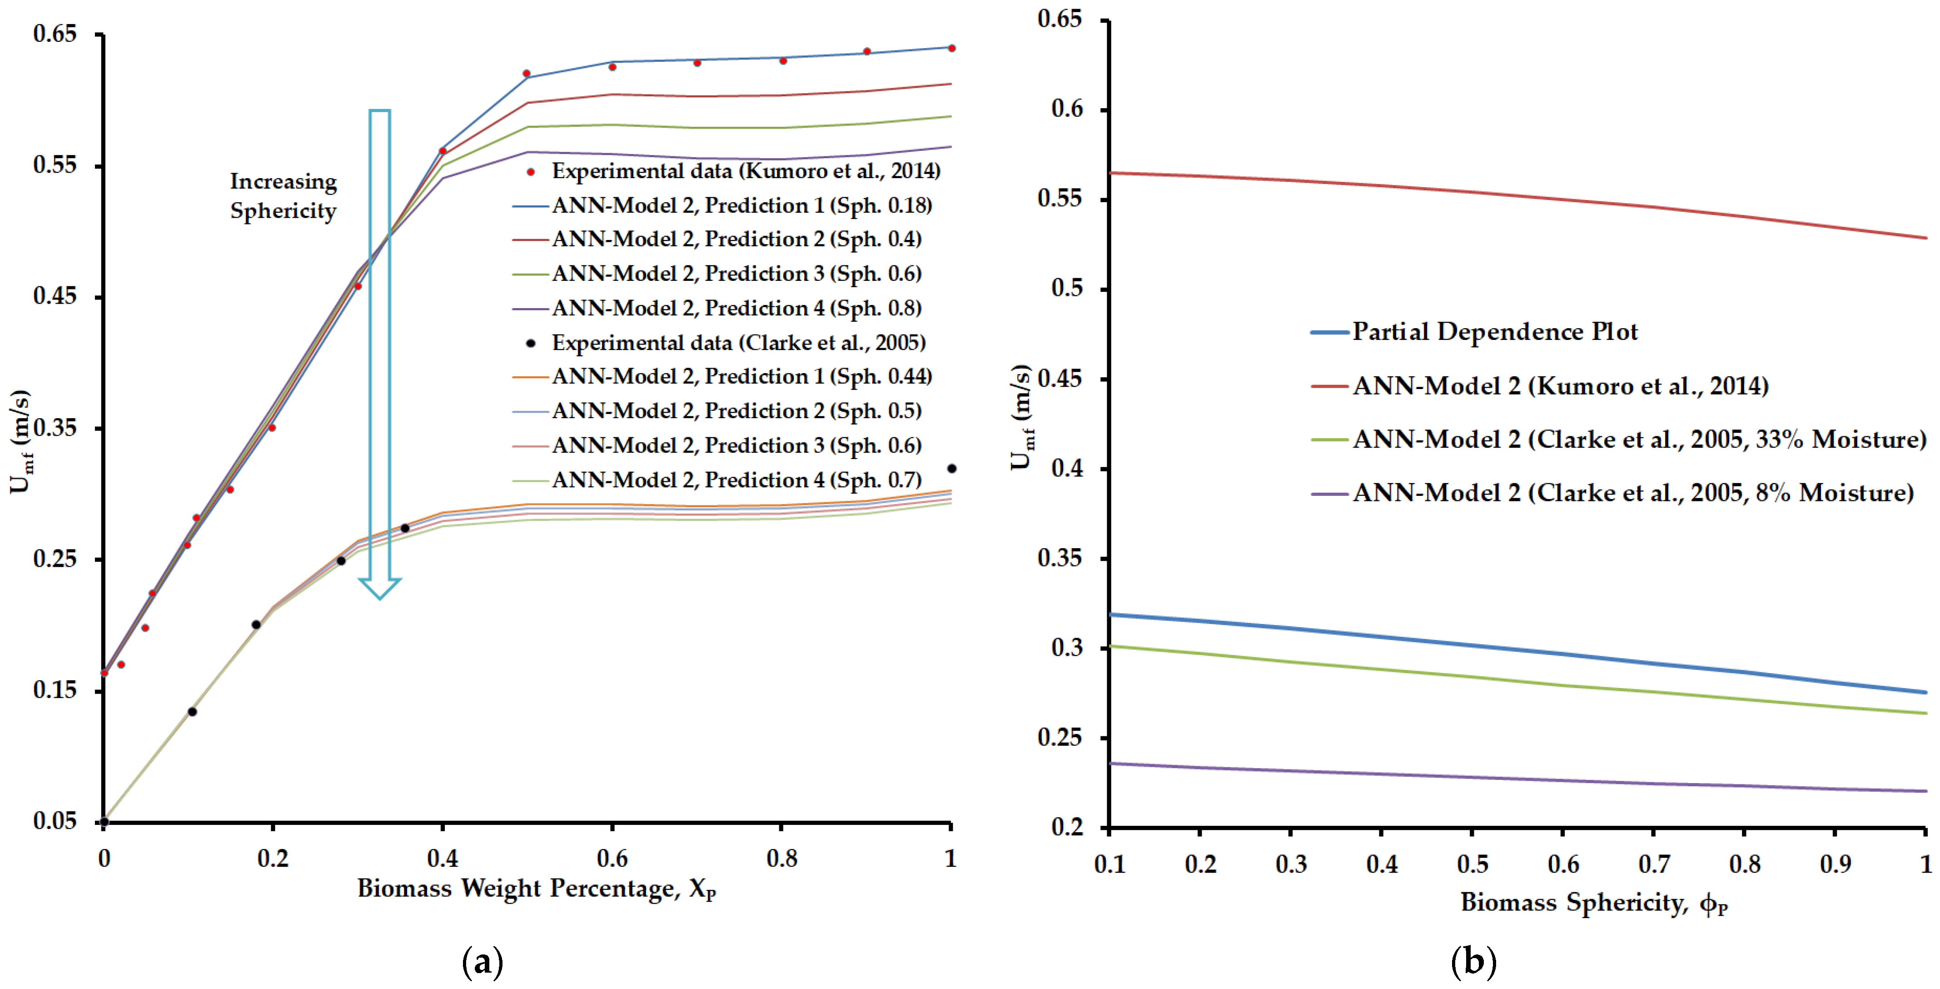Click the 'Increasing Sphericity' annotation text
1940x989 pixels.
pos(283,196)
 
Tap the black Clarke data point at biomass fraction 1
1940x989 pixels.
pos(951,469)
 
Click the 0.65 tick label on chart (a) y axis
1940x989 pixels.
pos(55,34)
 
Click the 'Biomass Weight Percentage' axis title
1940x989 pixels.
pos(536,889)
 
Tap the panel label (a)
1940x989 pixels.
pos(482,962)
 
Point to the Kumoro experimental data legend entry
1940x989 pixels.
pos(746,171)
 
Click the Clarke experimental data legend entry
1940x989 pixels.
pos(738,343)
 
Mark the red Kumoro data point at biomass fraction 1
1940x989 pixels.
pos(951,48)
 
